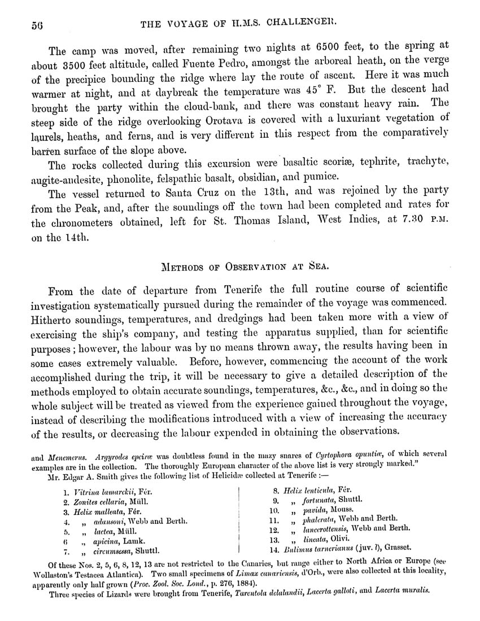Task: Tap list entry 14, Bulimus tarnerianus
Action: pos(339,548)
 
